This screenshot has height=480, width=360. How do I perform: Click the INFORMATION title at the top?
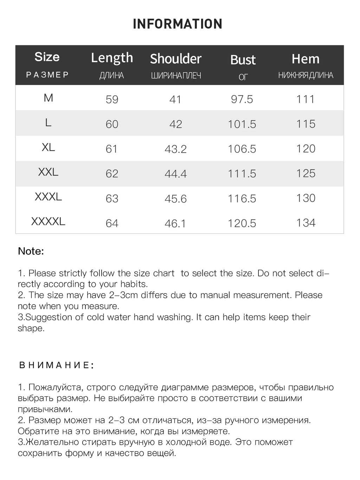(178, 24)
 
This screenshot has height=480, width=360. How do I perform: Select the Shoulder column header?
(176, 59)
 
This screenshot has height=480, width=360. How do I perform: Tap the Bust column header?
(243, 60)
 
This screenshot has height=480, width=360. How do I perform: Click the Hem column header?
(306, 59)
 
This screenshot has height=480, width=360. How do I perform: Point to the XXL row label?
(48, 172)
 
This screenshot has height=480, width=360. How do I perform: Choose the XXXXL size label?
(48, 222)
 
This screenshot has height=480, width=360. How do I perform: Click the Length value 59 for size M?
(112, 100)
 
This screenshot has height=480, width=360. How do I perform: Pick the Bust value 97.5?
(242, 99)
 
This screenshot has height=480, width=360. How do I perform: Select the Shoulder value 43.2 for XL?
(175, 149)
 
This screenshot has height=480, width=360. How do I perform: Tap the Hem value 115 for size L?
(306, 124)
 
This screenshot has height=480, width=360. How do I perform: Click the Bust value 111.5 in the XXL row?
(242, 174)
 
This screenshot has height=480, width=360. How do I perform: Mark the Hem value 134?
(306, 223)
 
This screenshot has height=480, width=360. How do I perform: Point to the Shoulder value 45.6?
(175, 199)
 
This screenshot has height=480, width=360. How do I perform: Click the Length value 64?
(112, 223)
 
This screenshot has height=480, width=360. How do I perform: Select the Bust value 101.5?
(242, 124)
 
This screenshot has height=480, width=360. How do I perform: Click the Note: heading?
(31, 251)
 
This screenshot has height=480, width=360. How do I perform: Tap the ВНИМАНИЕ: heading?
(56, 365)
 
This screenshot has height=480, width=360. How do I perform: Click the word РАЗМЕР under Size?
(47, 75)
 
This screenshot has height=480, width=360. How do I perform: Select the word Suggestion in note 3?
(49, 317)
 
